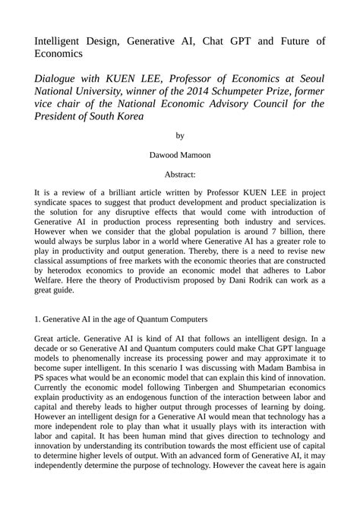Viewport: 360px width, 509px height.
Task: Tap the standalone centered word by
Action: coord(180,136)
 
